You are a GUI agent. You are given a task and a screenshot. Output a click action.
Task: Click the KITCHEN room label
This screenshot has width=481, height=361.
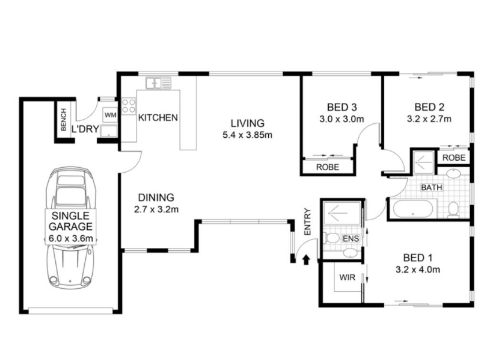[158, 117]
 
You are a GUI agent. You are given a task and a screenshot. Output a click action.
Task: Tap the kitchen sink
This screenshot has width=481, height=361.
[158, 83]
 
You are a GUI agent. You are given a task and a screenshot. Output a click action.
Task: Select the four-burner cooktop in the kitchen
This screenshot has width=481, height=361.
[129, 106]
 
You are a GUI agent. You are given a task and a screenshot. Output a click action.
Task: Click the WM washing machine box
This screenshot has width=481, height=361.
[111, 115]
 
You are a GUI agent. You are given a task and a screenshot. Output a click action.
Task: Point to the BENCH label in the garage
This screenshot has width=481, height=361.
[64, 119]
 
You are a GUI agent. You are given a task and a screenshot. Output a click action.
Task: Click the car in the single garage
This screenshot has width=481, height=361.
[71, 228]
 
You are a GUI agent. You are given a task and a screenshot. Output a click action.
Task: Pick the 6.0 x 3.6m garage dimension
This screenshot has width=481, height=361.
[71, 238]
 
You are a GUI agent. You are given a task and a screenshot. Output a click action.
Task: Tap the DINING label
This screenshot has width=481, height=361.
[156, 197]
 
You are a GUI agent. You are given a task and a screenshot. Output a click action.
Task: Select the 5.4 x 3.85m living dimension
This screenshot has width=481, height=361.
[248, 135]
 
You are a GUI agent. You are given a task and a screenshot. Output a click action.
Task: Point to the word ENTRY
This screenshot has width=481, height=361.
[307, 222]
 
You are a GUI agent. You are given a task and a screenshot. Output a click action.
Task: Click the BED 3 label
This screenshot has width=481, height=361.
[342, 108]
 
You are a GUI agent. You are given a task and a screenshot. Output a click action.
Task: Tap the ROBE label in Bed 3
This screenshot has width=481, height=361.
[328, 167]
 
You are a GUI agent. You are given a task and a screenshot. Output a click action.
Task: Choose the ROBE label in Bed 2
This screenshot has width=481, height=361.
[454, 158]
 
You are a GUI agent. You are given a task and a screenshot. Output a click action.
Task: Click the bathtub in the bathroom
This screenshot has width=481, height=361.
[413, 209]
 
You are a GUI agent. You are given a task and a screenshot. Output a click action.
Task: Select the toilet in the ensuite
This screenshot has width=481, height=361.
[331, 238]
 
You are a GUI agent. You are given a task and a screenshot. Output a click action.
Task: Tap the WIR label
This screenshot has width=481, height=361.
[348, 277]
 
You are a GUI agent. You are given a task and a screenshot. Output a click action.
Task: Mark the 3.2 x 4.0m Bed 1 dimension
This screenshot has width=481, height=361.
[418, 270]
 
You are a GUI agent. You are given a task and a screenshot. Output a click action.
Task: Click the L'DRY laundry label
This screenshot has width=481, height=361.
[85, 129]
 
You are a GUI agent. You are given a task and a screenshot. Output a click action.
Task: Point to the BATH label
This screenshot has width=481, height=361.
[432, 187]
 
